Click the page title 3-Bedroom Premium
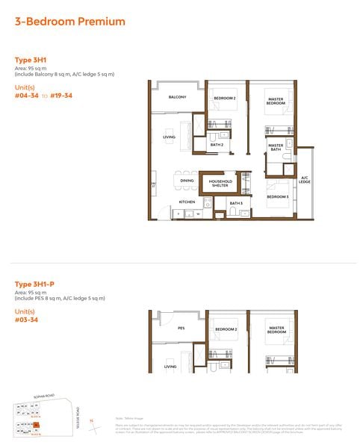point(69,22)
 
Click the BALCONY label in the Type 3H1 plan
point(177,98)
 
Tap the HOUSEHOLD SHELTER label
point(220,184)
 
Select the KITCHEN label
point(186,202)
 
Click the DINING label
point(187,181)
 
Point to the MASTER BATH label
point(276,148)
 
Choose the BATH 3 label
point(236,203)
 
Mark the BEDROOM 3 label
point(277,196)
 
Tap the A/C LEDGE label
point(305,180)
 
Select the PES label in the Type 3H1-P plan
point(181,328)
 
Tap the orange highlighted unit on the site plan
point(35,426)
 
